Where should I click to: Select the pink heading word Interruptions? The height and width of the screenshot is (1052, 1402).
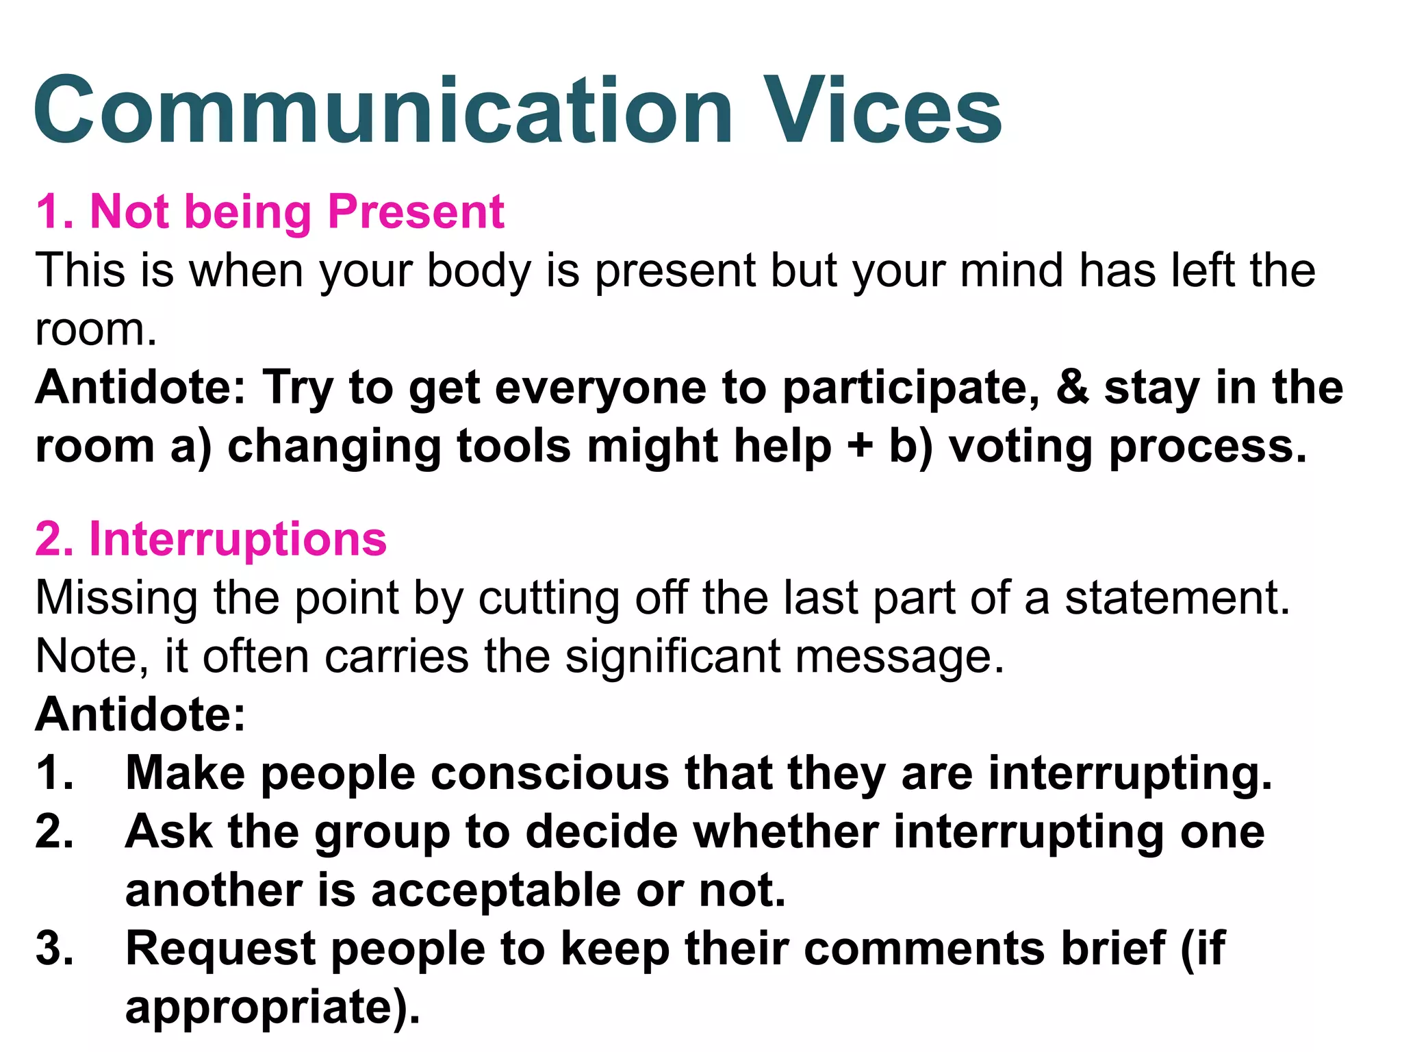pos(238,539)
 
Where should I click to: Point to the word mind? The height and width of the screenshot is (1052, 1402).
pos(1012,270)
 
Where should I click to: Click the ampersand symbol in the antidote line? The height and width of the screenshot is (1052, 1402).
pos(1072,387)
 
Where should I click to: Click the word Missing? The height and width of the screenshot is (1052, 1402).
pos(116,599)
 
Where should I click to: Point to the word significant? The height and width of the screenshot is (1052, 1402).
pos(672,656)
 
